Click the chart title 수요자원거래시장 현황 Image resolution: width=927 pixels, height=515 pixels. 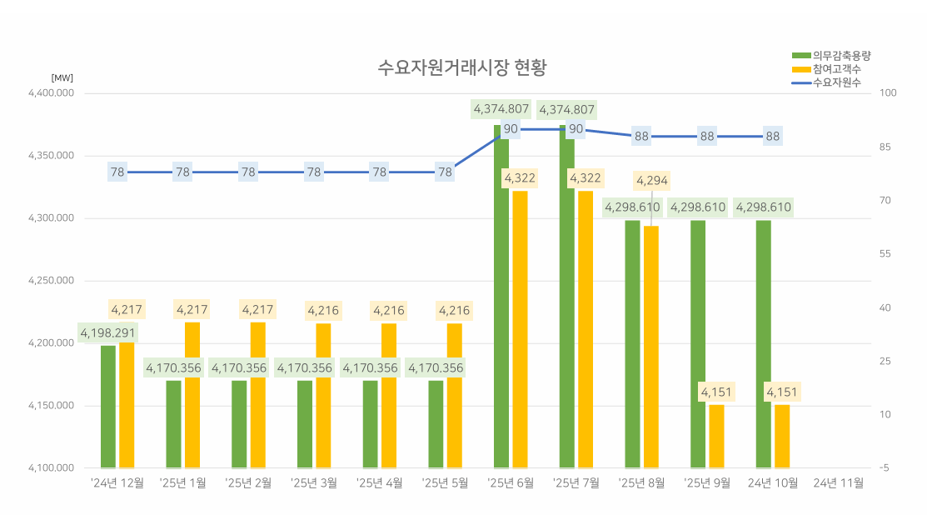coord(462,67)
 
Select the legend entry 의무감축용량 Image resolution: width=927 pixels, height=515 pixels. coord(841,56)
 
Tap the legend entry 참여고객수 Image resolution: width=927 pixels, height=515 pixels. coord(836,69)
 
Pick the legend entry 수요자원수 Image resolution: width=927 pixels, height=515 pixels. coord(836,82)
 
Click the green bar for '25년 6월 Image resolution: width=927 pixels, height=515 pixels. coord(502,300)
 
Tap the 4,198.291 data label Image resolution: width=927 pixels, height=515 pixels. coord(108,333)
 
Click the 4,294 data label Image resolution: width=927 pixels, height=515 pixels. coord(652,181)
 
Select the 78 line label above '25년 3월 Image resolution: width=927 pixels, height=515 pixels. coord(314,172)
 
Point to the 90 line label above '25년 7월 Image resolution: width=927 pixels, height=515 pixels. coord(576,128)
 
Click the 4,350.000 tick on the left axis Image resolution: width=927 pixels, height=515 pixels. coord(52,156)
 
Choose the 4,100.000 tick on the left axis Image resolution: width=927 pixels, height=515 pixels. coord(52,468)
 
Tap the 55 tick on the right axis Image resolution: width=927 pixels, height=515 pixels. coord(885,254)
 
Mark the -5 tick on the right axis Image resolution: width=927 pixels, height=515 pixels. coord(884,468)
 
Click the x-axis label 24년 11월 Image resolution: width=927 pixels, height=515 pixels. coord(838,482)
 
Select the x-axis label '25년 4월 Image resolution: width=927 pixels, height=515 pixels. coord(380,482)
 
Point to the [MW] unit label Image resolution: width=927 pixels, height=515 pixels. coord(62,77)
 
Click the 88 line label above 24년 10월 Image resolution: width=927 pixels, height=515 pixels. coord(773,137)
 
